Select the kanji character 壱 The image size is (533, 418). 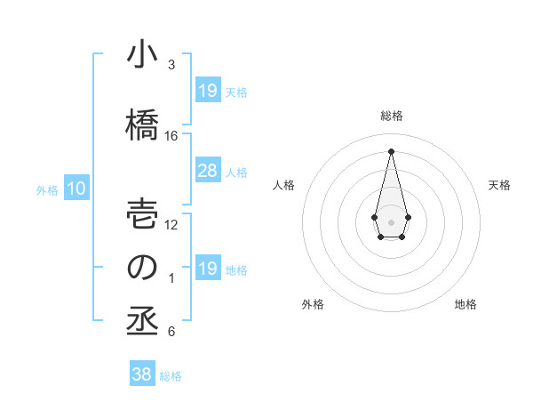pos(141,213)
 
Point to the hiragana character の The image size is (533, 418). pos(141,268)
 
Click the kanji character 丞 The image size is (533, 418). pos(141,321)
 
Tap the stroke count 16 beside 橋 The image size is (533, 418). pos(171,136)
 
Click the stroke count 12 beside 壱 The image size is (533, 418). pos(171,225)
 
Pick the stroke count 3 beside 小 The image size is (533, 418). pos(171,65)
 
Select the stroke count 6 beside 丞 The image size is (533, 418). pos(171,332)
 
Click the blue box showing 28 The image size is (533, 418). pos(207,171)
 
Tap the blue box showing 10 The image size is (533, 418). pos(76,189)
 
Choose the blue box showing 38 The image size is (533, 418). pos(141,374)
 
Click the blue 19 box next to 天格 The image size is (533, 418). pos(207,91)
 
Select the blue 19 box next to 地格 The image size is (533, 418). pos(207,269)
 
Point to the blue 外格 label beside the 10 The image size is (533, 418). pos(47,189)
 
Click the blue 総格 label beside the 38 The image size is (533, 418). pos(171,376)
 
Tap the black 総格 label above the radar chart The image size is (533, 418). pos(391,116)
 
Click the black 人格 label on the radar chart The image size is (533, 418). pos(284,185)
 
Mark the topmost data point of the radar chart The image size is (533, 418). pos(391,150)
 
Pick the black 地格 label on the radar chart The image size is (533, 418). pos(465,304)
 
